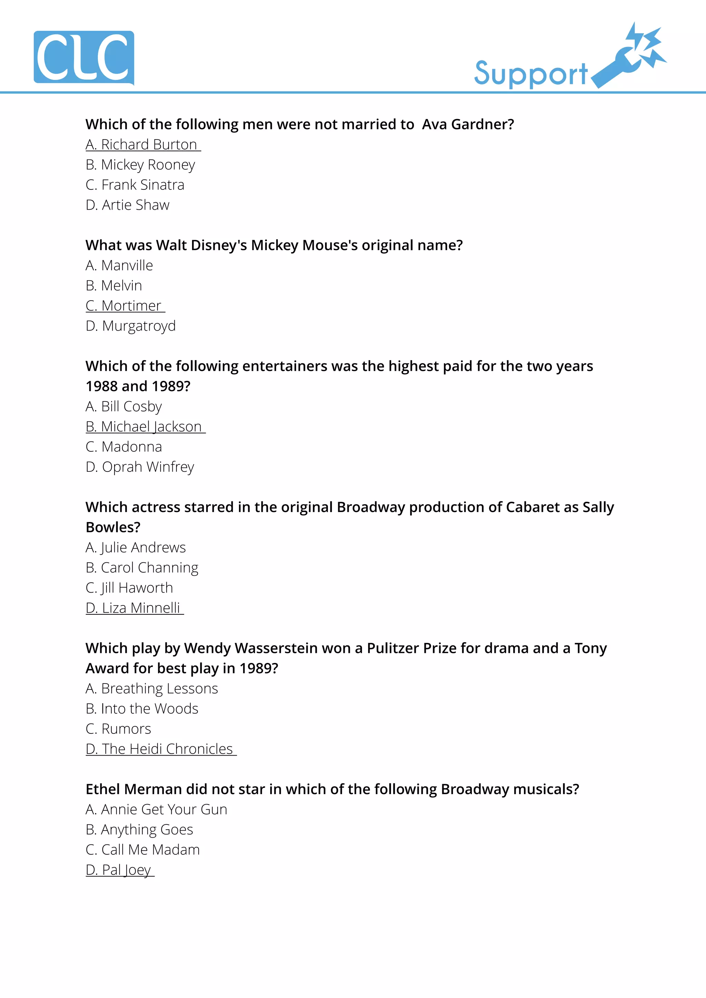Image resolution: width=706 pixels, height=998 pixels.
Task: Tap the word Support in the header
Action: [x=531, y=74]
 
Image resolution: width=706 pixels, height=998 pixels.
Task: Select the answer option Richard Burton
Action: [x=143, y=145]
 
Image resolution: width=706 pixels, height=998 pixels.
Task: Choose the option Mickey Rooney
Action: [x=140, y=165]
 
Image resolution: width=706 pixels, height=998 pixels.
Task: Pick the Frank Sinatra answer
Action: [x=135, y=185]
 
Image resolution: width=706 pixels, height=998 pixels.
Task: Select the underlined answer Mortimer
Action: [x=125, y=305]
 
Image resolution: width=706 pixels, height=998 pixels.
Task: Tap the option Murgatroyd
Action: [x=131, y=326]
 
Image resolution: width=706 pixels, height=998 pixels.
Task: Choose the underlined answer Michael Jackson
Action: [x=145, y=426]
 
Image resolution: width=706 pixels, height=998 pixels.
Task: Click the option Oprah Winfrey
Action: [x=140, y=467]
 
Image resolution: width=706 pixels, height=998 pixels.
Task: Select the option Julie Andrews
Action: [x=136, y=547]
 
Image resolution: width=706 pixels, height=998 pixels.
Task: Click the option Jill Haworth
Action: [x=129, y=588]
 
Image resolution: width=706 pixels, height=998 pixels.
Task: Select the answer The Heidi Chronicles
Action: [x=161, y=749]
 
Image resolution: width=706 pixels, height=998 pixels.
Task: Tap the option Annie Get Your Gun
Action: [x=156, y=809]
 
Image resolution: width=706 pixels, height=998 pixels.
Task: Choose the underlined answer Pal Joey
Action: [x=120, y=870]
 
